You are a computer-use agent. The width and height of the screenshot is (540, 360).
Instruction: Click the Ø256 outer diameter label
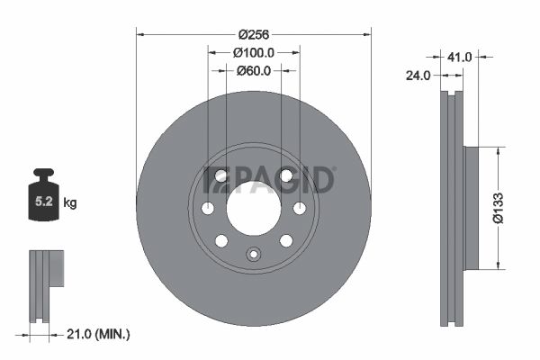[254, 34]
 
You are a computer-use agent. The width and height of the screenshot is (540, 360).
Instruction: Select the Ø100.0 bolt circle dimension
[254, 53]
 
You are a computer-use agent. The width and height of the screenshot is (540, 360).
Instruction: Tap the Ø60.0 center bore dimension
[254, 71]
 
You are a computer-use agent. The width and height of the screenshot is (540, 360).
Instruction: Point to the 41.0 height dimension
[459, 57]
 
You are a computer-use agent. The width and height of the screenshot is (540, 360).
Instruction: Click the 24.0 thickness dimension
[418, 76]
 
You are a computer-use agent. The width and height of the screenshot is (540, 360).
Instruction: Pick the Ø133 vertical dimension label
[499, 208]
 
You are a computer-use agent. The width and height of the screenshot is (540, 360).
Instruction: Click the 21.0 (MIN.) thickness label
[98, 334]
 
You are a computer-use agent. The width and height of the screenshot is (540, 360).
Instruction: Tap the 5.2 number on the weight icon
[44, 202]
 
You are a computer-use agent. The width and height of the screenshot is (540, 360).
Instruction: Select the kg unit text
[70, 202]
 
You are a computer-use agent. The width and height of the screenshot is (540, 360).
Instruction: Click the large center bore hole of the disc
[254, 209]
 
